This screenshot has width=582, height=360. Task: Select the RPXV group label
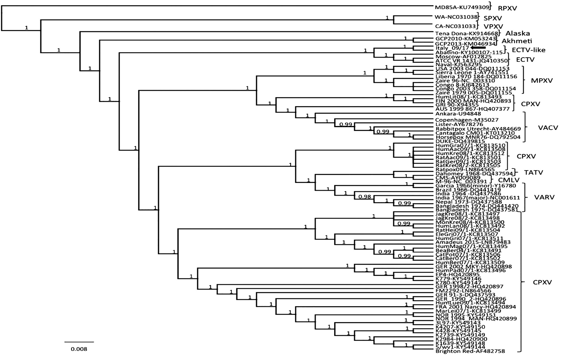tap(507, 8)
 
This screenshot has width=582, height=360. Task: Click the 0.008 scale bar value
tap(79, 349)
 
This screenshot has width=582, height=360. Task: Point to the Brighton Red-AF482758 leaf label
tap(470, 351)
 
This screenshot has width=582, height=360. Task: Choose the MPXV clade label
tap(542, 81)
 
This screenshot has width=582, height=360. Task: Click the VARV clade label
tap(544, 197)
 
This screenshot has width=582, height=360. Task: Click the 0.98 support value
tap(365, 197)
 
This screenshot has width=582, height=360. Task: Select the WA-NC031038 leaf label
tap(456, 17)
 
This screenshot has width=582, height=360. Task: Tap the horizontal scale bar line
tap(79, 342)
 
